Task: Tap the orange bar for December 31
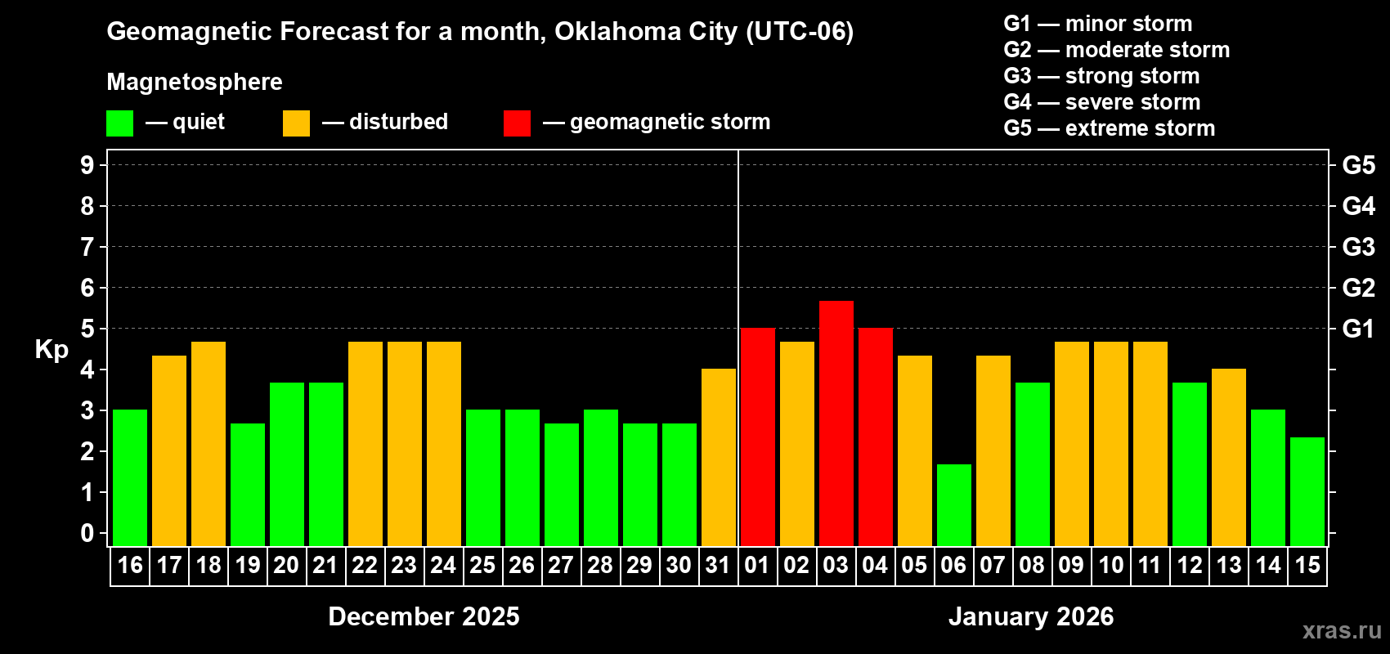click(x=719, y=458)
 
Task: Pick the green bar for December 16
click(x=130, y=478)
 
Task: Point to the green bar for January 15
click(x=1307, y=491)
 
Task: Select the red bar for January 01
click(x=758, y=437)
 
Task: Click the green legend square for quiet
click(x=120, y=123)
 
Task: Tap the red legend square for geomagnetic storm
click(x=517, y=123)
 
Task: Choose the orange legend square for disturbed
click(x=296, y=123)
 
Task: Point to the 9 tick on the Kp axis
click(x=87, y=165)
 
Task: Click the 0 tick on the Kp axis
click(x=87, y=533)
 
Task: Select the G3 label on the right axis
click(x=1358, y=247)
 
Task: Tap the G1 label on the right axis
click(x=1358, y=329)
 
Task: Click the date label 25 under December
click(x=482, y=565)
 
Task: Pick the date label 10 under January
click(x=1110, y=565)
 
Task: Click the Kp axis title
click(x=52, y=349)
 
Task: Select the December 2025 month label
click(x=424, y=616)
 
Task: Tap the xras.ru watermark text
click(x=1342, y=630)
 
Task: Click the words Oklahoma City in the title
click(x=646, y=31)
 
